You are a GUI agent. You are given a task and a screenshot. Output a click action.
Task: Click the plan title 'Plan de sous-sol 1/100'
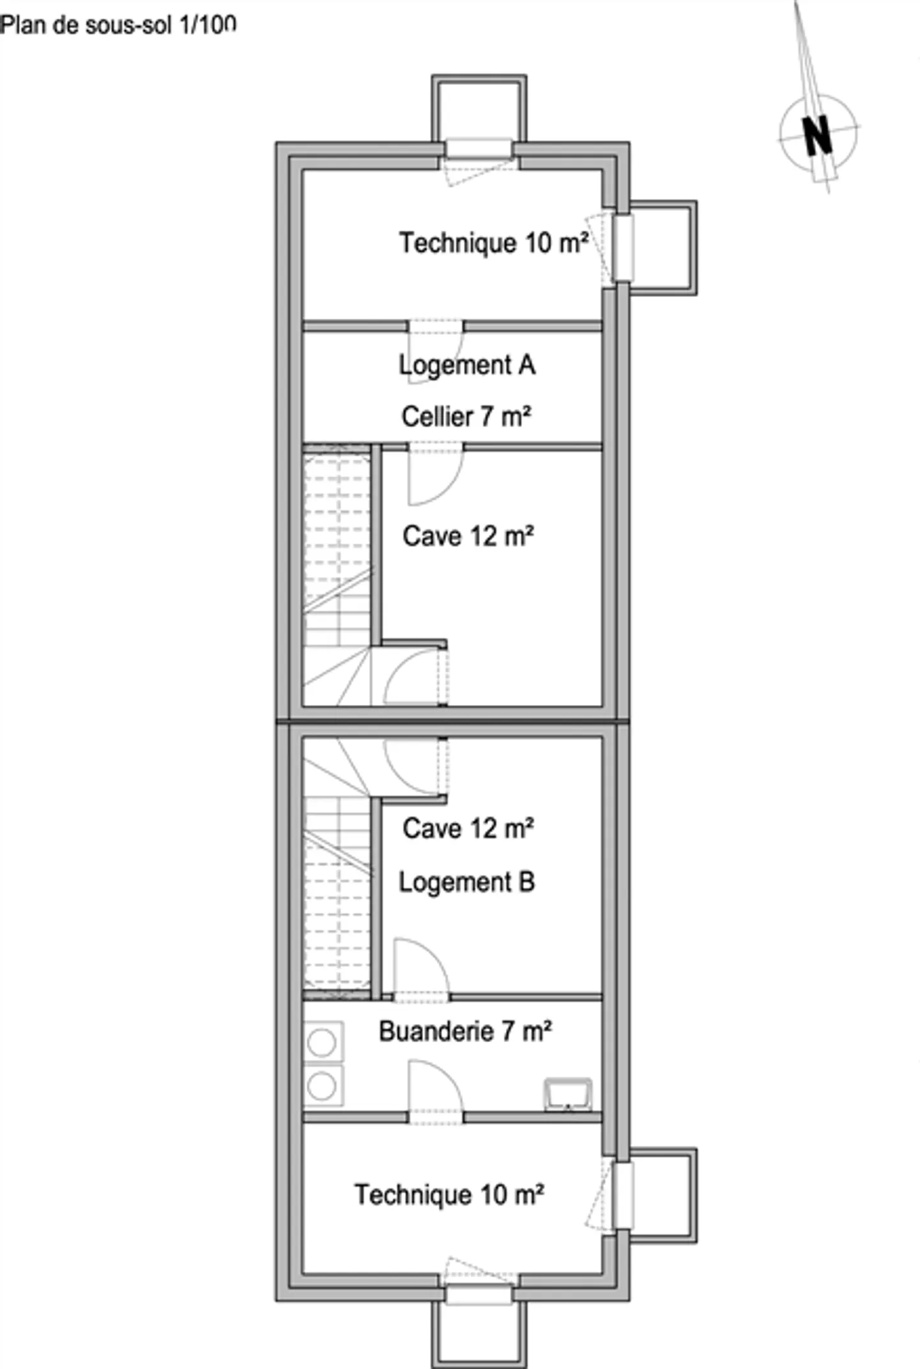[x=118, y=26]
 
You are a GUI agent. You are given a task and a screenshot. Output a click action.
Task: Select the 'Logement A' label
[x=467, y=365]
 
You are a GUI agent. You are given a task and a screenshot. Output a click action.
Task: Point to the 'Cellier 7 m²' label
[x=466, y=417]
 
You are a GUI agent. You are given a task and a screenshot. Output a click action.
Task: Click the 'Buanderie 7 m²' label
[x=465, y=1031]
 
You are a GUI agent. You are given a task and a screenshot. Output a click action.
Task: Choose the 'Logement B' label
[x=467, y=882]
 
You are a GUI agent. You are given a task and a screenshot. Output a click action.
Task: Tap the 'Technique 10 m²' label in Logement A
[x=493, y=243]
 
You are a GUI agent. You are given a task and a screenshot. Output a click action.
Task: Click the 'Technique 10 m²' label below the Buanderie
[x=449, y=1195]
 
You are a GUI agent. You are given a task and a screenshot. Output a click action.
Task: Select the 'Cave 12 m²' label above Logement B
[x=468, y=829]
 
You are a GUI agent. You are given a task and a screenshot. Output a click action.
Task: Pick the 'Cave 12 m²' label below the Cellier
[x=468, y=536]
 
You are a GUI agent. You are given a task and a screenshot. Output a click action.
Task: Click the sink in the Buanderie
[x=568, y=1094]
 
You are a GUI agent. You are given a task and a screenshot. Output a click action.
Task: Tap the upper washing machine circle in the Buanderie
[x=322, y=1043]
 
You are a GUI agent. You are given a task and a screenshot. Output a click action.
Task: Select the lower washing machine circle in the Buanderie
[x=322, y=1086]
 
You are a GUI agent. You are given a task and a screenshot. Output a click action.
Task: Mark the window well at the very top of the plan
[x=479, y=109]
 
